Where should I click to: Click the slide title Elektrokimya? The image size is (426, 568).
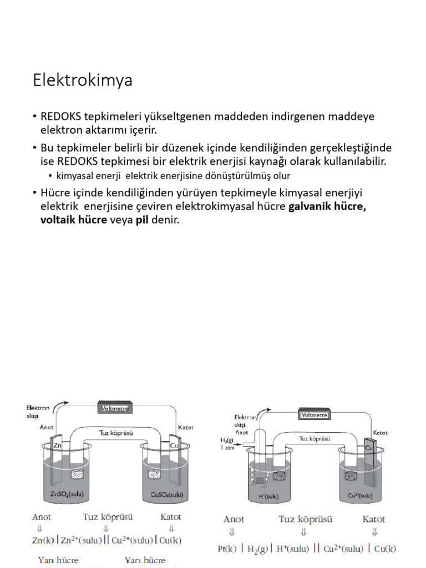[83, 81]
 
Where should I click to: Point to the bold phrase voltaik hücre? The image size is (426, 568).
[73, 220]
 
